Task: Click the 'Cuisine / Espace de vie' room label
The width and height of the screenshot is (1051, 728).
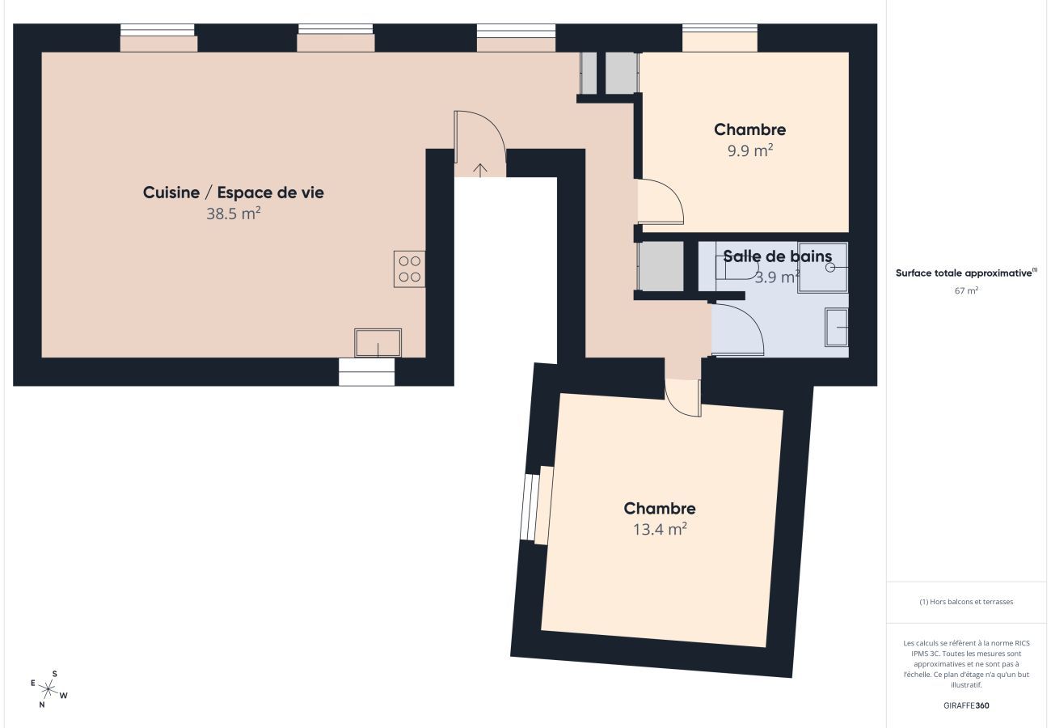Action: [233, 193]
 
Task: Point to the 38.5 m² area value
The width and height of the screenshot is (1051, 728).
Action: [233, 214]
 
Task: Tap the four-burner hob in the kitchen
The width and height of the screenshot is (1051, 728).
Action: [409, 269]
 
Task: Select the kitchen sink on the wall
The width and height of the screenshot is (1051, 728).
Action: [378, 343]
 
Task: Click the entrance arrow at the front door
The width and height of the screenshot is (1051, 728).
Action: [480, 169]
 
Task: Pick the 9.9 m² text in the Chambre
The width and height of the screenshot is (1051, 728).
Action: [749, 150]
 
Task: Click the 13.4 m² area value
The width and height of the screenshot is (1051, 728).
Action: [659, 529]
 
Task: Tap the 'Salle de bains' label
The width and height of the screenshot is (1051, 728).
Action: [777, 256]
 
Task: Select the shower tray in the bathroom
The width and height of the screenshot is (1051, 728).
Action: [822, 267]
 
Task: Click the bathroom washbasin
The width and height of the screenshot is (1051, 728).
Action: [837, 328]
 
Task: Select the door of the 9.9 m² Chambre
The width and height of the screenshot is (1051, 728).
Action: [661, 202]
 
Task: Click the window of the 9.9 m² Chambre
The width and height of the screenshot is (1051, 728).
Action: [720, 38]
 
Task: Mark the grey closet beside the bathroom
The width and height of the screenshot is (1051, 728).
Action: [661, 266]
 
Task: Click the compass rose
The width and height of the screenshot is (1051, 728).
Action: [49, 689]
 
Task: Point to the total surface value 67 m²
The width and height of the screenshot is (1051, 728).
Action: [966, 290]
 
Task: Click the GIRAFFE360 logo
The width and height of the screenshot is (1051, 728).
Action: [966, 705]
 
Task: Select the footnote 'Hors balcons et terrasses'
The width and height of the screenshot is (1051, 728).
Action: [966, 602]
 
